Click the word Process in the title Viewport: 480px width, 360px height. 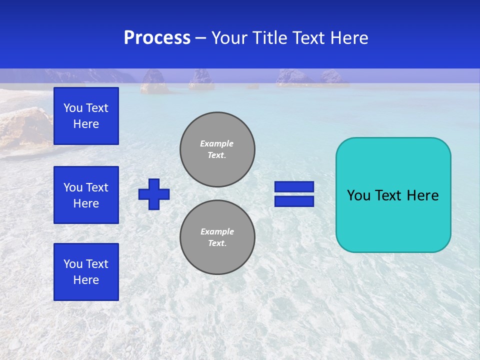[157, 38]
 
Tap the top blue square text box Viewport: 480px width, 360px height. [86, 116]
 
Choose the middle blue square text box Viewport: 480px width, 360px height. [86, 195]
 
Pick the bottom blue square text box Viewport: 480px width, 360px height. [86, 272]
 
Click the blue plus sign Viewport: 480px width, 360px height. [154, 194]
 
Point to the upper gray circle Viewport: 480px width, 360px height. [217, 149]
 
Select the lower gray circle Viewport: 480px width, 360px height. [217, 237]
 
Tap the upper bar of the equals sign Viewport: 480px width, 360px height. [294, 187]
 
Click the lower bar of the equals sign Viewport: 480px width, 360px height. [294, 201]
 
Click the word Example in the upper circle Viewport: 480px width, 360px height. [217, 143]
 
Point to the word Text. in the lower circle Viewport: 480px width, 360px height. [217, 243]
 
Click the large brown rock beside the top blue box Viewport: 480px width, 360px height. [25, 127]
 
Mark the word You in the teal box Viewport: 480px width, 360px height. [358, 195]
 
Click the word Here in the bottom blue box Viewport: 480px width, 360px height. [86, 280]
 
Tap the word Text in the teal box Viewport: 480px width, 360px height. [388, 195]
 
